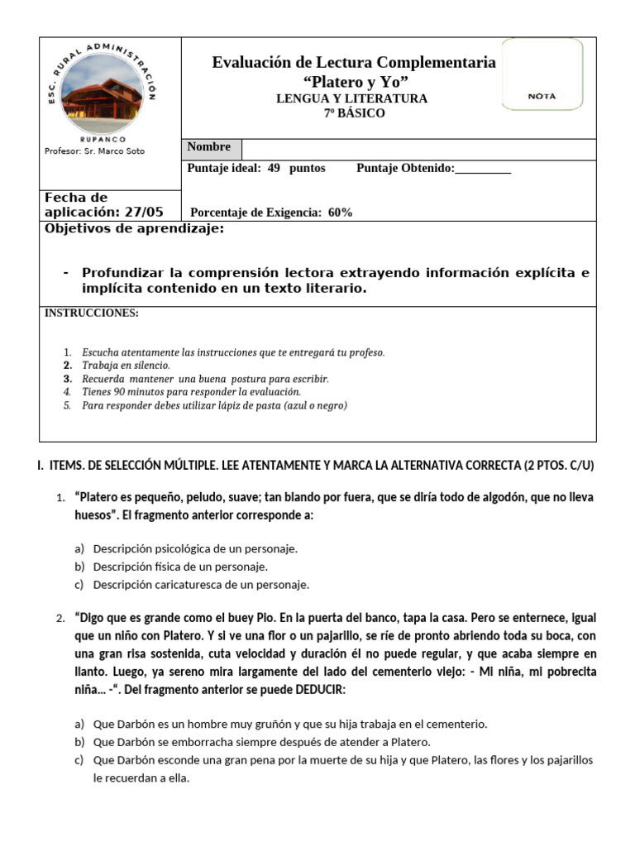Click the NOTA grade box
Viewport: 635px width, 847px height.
(x=542, y=96)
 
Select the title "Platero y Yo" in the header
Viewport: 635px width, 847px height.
(x=356, y=81)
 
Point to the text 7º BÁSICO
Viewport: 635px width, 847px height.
(x=354, y=113)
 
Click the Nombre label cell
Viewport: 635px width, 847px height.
(x=210, y=147)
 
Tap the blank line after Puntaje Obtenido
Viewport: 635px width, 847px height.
(x=483, y=169)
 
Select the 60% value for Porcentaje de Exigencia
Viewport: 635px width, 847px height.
(x=340, y=213)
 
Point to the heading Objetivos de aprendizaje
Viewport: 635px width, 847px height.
(x=134, y=229)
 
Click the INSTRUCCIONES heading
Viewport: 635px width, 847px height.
(x=91, y=313)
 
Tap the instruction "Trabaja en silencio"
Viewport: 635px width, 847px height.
(x=126, y=365)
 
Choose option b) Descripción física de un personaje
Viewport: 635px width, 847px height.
(x=180, y=567)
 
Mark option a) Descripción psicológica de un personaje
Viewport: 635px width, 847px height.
(x=194, y=548)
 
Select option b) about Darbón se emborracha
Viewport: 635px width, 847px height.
(x=261, y=742)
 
